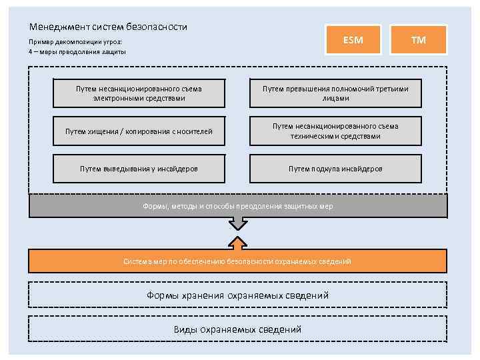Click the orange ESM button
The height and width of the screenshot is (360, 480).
pyautogui.click(x=353, y=40)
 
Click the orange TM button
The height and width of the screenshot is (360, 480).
pyautogui.click(x=418, y=40)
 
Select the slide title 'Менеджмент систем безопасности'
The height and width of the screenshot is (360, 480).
pyautogui.click(x=108, y=27)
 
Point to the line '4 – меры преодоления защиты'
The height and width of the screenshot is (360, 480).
pyautogui.click(x=77, y=51)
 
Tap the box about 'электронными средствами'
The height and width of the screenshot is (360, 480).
pyautogui.click(x=139, y=93)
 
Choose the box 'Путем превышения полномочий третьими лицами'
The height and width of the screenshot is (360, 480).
pyautogui.click(x=335, y=93)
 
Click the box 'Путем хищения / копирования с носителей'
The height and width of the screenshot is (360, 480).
pyautogui.click(x=139, y=131)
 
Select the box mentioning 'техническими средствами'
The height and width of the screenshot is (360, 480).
pyautogui.click(x=335, y=131)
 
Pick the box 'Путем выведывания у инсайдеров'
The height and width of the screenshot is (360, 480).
pyautogui.click(x=139, y=169)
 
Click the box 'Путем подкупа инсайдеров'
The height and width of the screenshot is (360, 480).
pyautogui.click(x=335, y=169)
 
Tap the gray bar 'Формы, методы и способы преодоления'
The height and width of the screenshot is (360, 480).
pyautogui.click(x=238, y=206)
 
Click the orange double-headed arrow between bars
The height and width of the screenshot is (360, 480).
pyautogui.click(x=238, y=233)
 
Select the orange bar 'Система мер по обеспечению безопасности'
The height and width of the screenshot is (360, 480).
pyautogui.click(x=238, y=261)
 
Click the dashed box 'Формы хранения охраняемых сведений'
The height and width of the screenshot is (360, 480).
pyautogui.click(x=238, y=295)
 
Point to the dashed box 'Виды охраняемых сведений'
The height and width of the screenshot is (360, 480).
pyautogui.click(x=238, y=329)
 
